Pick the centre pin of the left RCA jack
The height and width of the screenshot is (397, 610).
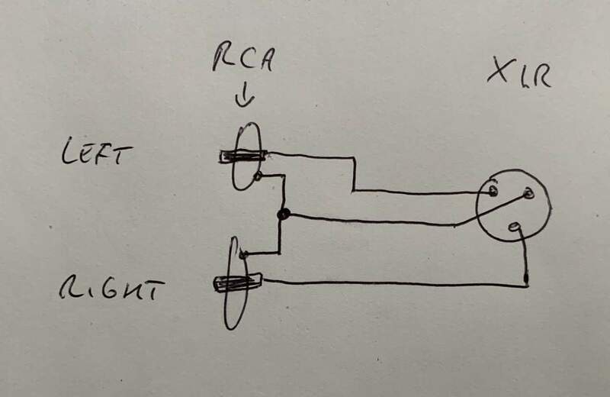click(x=242, y=157)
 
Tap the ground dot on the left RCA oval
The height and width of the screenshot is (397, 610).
click(x=258, y=177)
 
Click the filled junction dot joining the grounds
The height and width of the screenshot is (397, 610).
click(x=283, y=215)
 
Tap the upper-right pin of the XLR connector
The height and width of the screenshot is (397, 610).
click(x=526, y=195)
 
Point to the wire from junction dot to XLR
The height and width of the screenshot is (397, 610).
click(x=374, y=220)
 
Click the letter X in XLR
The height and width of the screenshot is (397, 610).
click(x=498, y=76)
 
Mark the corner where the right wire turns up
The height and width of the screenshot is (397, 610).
click(x=527, y=286)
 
